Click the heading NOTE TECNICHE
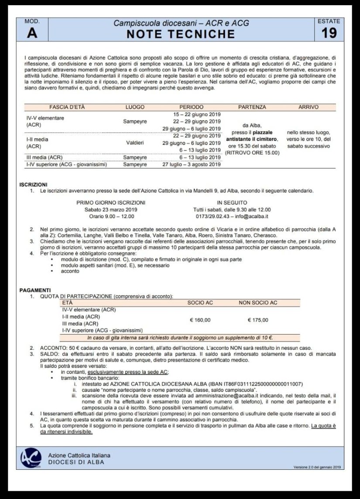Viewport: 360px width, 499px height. pyautogui.click(x=181, y=34)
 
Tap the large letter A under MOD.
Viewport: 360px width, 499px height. pyautogui.click(x=32, y=33)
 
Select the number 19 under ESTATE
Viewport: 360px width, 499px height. pyautogui.click(x=329, y=33)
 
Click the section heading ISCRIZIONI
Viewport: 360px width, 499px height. pyautogui.click(x=34, y=185)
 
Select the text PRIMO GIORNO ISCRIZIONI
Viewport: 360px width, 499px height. pyautogui.click(x=111, y=202)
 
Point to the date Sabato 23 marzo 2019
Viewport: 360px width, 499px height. pyautogui.click(x=111, y=210)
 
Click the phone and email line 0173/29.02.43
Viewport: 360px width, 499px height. pyautogui.click(x=232, y=216)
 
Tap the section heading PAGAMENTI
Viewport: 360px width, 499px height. pyautogui.click(x=35, y=290)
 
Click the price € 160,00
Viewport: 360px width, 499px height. pyautogui.click(x=200, y=320)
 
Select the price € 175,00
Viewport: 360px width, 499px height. pyautogui.click(x=258, y=320)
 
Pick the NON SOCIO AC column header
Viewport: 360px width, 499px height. pyautogui.click(x=258, y=303)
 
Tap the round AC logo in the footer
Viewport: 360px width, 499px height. pyautogui.click(x=31, y=458)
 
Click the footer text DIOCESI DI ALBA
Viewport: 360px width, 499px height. pyautogui.click(x=76, y=462)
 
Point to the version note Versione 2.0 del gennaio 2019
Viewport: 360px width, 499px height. pyautogui.click(x=317, y=468)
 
